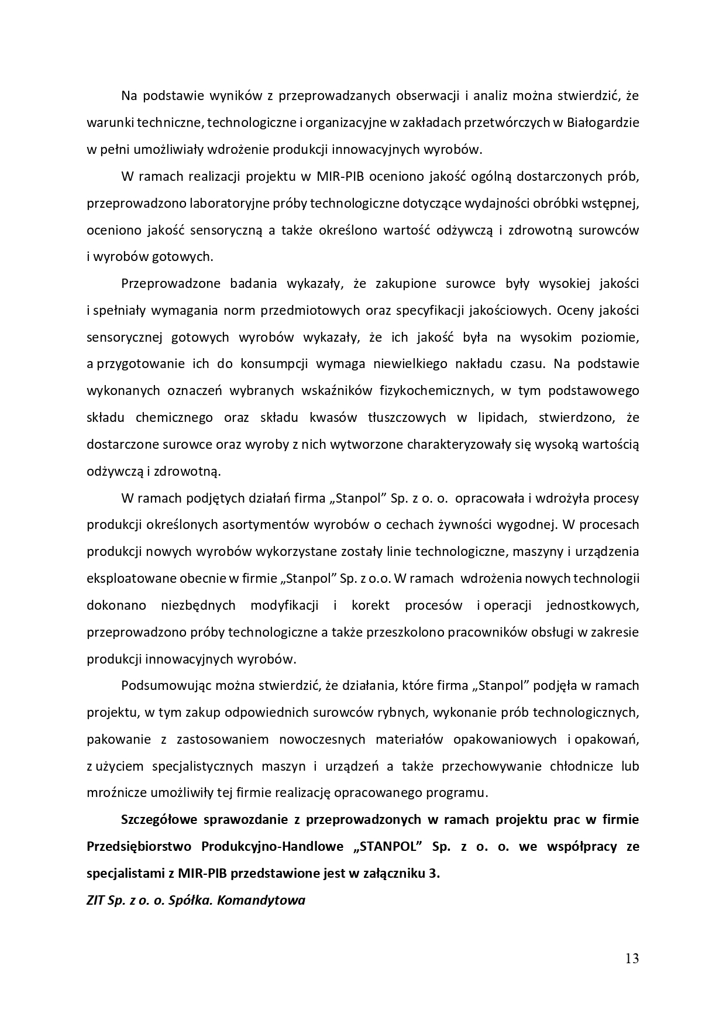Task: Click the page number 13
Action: coord(632,959)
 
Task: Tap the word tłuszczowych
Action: coord(407,417)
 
